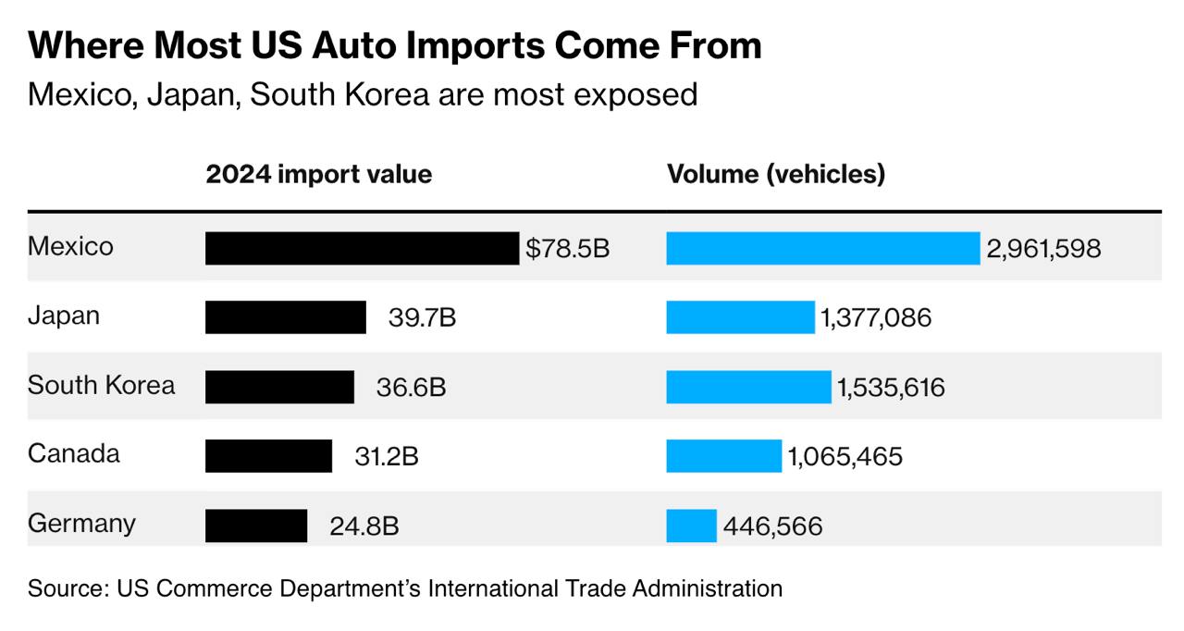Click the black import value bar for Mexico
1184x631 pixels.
click(x=362, y=248)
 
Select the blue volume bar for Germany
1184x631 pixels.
click(x=691, y=526)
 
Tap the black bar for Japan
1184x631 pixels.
click(x=285, y=317)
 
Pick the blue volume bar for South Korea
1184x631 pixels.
click(x=748, y=387)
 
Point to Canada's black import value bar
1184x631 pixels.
click(x=268, y=456)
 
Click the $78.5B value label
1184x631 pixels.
click(x=568, y=248)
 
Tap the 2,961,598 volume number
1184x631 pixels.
click(x=1043, y=248)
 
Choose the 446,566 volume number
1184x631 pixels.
click(x=772, y=526)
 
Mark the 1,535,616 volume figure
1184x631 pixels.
click(x=892, y=387)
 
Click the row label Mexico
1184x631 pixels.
click(x=70, y=246)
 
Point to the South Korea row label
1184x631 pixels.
click(x=101, y=385)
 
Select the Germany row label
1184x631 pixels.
click(x=81, y=524)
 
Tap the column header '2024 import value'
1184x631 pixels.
click(x=318, y=174)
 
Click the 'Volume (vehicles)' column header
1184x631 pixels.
click(x=776, y=174)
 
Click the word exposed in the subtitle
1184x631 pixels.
click(x=640, y=94)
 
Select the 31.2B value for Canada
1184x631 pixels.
click(x=387, y=457)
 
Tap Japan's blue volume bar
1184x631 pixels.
click(x=740, y=317)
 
